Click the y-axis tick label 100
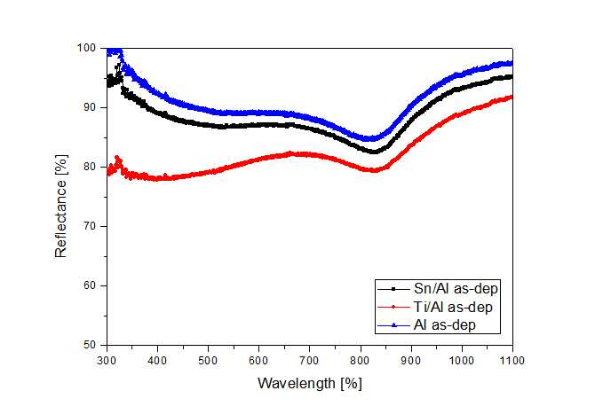tap(86, 48)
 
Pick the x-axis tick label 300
tap(107, 360)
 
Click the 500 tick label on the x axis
tap(208, 360)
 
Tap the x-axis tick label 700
tap(309, 360)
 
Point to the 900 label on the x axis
tap(411, 360)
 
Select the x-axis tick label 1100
tap(512, 360)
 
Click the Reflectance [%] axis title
tap(61, 207)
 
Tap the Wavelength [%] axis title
tap(310, 383)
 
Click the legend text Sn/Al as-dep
tap(456, 289)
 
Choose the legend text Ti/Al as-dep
tap(453, 307)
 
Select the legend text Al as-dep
tap(445, 325)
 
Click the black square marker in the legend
tap(393, 289)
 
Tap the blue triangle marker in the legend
tap(393, 325)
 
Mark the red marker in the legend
tap(393, 308)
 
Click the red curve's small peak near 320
tap(117, 158)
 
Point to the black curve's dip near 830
tap(374, 152)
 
